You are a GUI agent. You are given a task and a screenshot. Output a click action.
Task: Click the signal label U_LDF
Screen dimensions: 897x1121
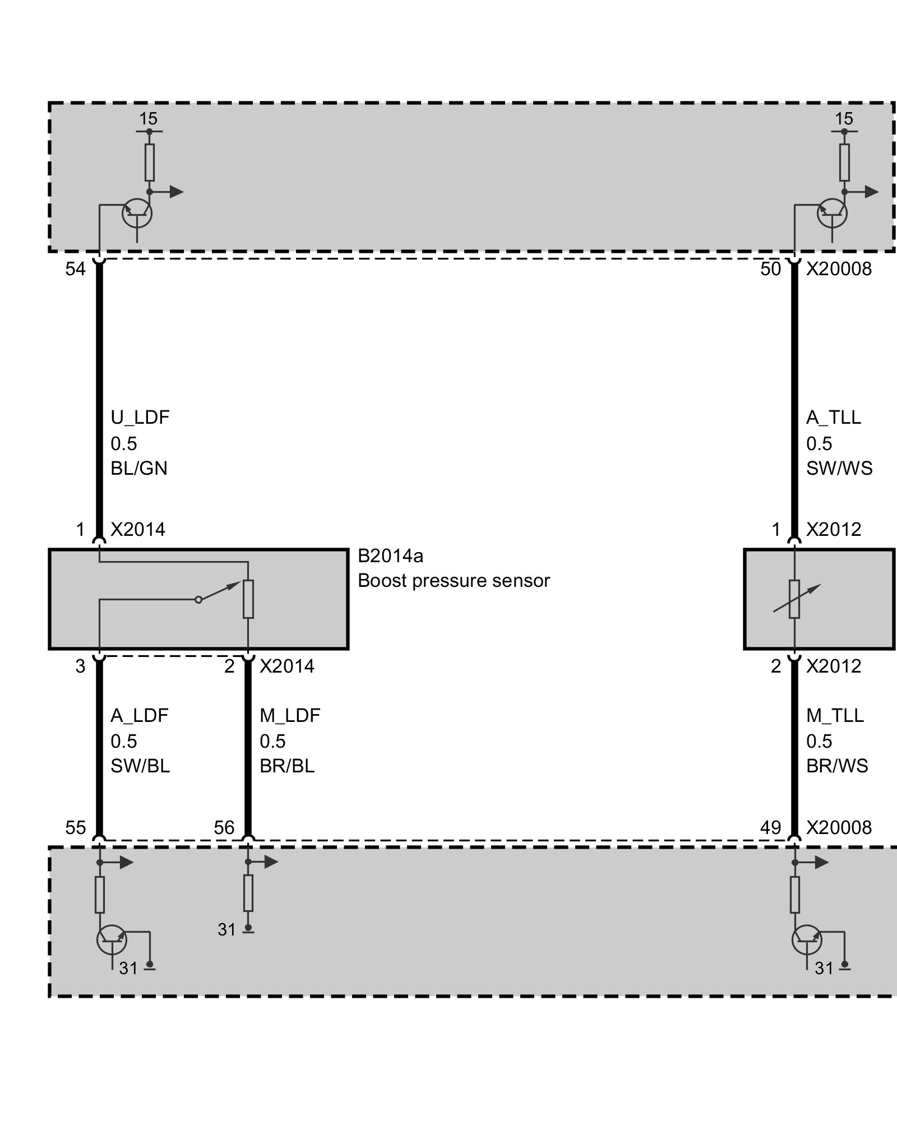coord(140,418)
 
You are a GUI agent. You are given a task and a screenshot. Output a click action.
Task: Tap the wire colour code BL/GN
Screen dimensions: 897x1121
coord(138,468)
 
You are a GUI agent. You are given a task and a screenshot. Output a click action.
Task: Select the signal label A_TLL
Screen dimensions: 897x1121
coord(833,418)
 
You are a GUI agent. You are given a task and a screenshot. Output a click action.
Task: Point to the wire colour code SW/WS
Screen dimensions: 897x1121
coord(839,468)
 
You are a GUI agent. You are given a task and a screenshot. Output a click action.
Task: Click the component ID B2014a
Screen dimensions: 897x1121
coord(390,556)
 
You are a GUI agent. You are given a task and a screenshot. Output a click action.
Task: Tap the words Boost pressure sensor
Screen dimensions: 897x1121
coord(454,581)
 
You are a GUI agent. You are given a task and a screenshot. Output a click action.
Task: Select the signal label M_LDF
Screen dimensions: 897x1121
coord(289,715)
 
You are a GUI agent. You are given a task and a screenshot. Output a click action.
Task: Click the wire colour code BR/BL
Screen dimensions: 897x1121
coord(287,766)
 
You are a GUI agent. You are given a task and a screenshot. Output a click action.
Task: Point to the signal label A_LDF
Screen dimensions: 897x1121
coord(139,715)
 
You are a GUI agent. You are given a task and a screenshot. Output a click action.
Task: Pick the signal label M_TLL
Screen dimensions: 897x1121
coord(835,715)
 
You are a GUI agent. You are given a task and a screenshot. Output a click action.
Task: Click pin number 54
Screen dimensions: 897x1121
coord(75,270)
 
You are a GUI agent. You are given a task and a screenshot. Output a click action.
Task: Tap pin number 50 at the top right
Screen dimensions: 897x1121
coord(770,270)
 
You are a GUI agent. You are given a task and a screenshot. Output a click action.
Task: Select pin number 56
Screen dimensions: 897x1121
coord(224,827)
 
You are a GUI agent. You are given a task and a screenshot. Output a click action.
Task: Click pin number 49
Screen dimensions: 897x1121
coord(770,827)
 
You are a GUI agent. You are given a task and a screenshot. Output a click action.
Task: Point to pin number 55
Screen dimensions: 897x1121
coord(75,827)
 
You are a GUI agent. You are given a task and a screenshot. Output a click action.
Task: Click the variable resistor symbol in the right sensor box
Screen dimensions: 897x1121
coord(794,599)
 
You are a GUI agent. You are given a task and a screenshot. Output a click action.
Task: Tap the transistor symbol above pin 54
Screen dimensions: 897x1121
coord(137,213)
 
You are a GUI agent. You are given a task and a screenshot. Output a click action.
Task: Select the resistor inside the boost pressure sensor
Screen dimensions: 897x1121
coord(248,599)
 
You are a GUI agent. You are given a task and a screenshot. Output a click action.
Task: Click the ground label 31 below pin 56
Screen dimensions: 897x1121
coord(226,929)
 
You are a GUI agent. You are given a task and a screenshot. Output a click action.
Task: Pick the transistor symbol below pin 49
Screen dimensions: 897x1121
coord(806,940)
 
